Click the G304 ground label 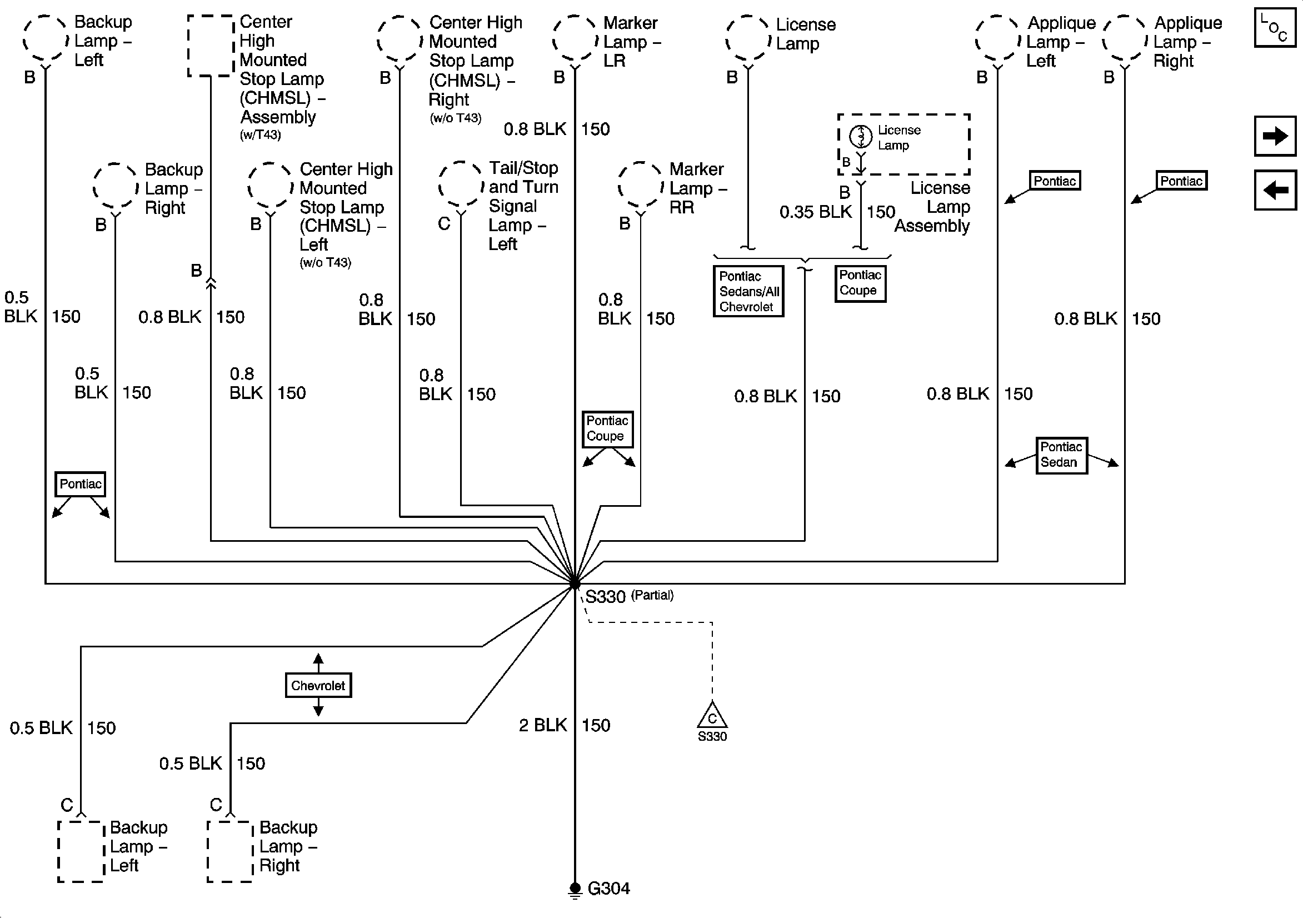(x=608, y=889)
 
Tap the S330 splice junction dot (x=575, y=583)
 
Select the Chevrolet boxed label (x=318, y=685)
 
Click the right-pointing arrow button (x=1275, y=136)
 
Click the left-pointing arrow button (x=1275, y=189)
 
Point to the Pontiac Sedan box (x=1061, y=455)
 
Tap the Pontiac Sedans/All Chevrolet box (x=748, y=291)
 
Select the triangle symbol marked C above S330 (x=712, y=716)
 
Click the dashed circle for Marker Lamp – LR (x=575, y=38)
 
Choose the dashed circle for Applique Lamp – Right (x=1124, y=38)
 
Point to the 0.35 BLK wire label (x=816, y=212)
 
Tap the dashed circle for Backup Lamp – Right (x=115, y=186)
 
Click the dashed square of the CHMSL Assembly (x=211, y=46)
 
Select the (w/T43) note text (x=260, y=135)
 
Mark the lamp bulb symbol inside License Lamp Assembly (x=861, y=136)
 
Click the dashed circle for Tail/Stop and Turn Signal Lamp (x=460, y=185)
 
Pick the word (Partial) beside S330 (x=652, y=595)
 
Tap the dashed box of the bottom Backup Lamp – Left (x=81, y=851)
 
